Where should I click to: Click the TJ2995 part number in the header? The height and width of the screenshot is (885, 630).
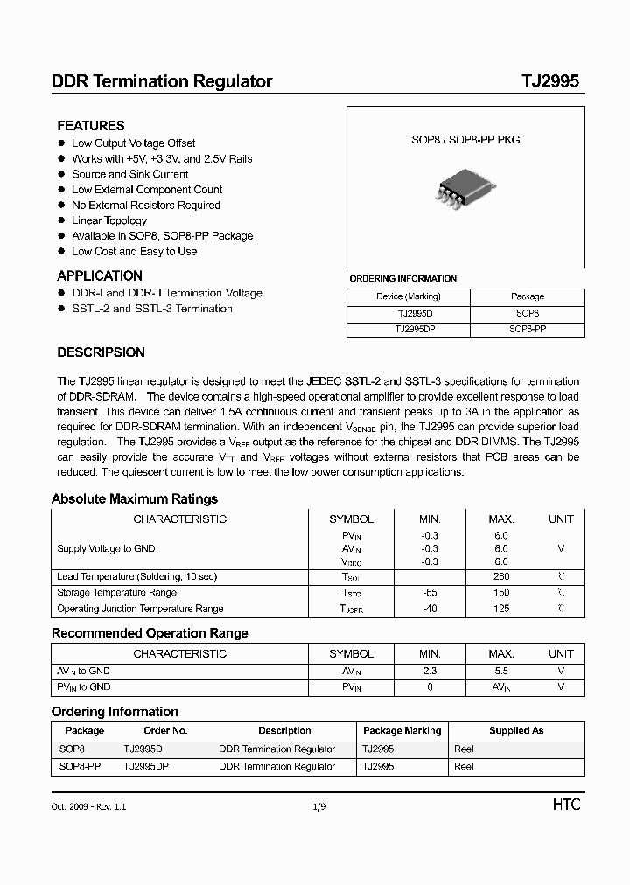[x=549, y=81]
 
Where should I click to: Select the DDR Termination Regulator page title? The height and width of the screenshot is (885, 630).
[x=162, y=81]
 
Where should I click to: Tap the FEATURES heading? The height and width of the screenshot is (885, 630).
[x=91, y=126]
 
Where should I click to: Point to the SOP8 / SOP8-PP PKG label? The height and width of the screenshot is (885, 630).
[x=465, y=140]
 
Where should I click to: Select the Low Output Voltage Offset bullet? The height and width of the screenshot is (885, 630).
[x=133, y=143]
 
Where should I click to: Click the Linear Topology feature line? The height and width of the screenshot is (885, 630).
[x=109, y=220]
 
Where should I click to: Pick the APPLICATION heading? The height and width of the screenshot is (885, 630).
[x=100, y=276]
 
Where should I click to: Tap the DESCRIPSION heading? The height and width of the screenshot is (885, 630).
[x=101, y=353]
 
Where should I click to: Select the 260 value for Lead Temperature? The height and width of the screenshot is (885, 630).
[x=500, y=577]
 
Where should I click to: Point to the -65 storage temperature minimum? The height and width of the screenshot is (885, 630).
[x=429, y=593]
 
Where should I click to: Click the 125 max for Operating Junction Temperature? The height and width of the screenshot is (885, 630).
[x=500, y=609]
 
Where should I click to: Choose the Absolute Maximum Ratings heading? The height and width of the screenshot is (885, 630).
[x=135, y=499]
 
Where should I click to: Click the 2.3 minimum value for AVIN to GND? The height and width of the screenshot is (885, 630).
[x=429, y=671]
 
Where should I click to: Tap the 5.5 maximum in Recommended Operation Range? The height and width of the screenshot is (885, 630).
[x=500, y=671]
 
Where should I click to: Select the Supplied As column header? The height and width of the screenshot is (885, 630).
[x=516, y=730]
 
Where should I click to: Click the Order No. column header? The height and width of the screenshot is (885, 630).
[x=165, y=730]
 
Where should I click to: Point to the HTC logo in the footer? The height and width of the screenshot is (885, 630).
[x=566, y=805]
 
